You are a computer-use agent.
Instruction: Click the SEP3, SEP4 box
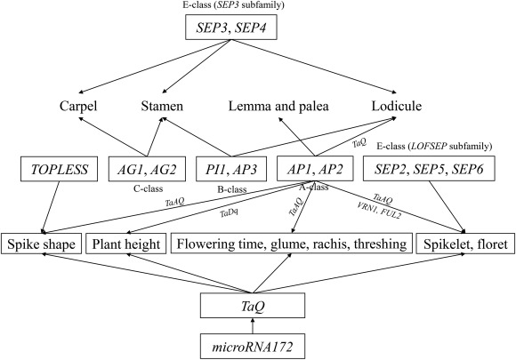231,28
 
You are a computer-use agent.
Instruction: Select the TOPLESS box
60,169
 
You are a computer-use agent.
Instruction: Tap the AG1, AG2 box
147,169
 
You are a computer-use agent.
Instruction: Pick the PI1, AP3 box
231,169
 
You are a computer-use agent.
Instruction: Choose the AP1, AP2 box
315,168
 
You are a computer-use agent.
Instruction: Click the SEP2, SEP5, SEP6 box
429,169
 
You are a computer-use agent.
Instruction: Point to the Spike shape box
41,244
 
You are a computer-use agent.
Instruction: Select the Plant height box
126,244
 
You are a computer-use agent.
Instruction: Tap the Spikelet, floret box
465,244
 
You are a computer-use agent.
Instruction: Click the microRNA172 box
253,347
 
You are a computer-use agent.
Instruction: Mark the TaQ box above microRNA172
253,306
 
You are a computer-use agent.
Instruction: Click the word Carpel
78,107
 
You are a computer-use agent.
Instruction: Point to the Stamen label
162,106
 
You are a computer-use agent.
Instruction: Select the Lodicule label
397,106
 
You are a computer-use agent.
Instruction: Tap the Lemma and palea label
278,107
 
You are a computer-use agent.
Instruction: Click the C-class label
148,188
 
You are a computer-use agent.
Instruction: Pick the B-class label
232,189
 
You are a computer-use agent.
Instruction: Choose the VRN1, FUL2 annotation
378,210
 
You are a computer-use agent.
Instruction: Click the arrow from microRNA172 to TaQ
253,326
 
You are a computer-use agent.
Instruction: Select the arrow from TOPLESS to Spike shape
51,207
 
